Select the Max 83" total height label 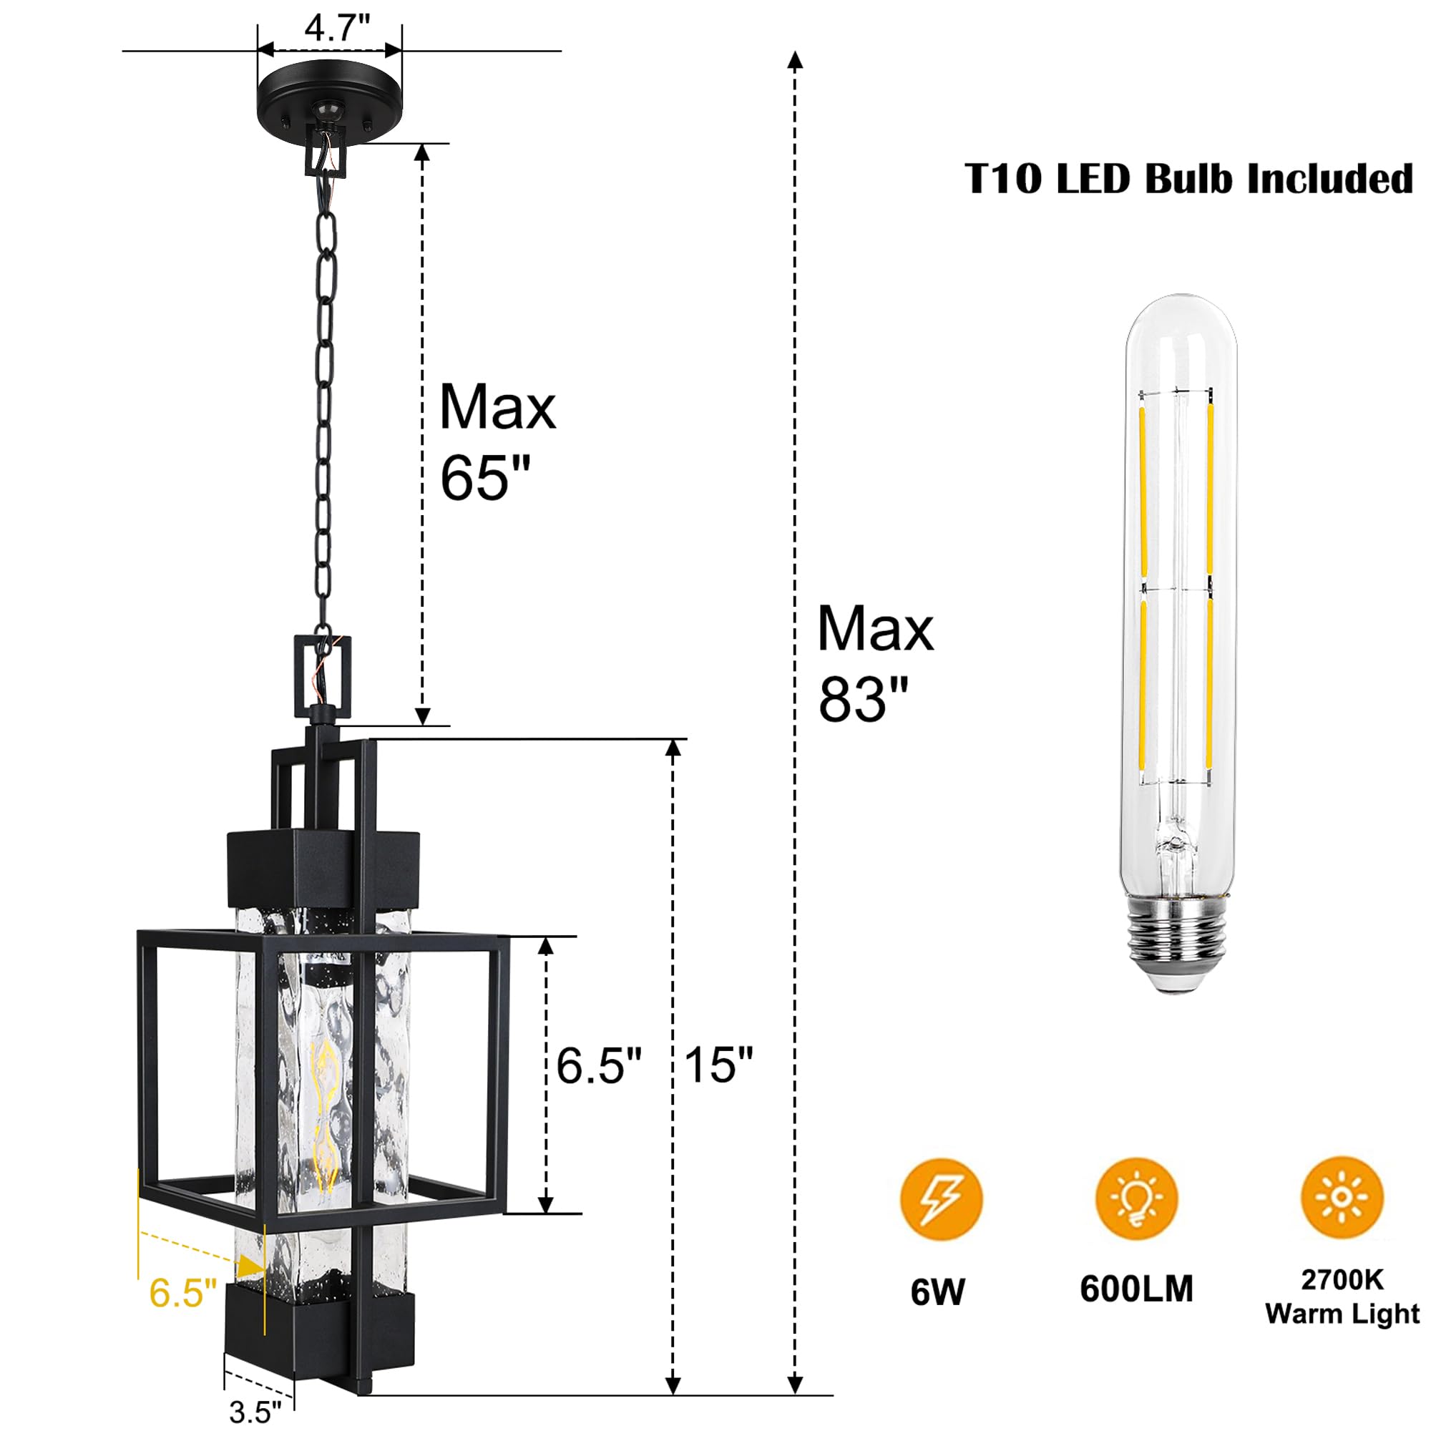[x=875, y=664]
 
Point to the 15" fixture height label [x=718, y=1065]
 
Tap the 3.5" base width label [x=255, y=1412]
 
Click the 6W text [x=938, y=1292]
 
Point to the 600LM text [x=1136, y=1289]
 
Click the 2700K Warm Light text [x=1342, y=1298]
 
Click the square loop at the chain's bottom [x=323, y=675]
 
